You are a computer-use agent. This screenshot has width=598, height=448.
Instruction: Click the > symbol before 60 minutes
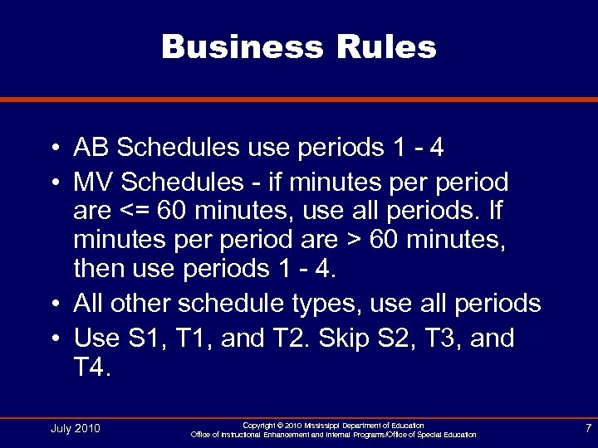(x=354, y=243)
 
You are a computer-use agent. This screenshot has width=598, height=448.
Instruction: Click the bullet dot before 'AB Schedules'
(x=53, y=149)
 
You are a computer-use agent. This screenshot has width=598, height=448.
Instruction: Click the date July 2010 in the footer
(x=76, y=428)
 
